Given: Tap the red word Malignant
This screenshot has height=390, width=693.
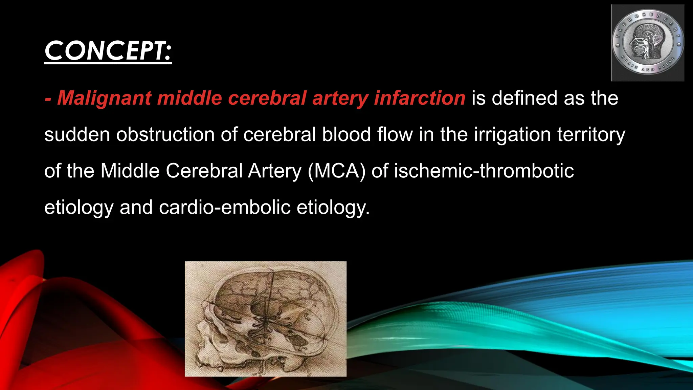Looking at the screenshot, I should (x=104, y=98).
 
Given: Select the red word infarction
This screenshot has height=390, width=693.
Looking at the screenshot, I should (x=420, y=98).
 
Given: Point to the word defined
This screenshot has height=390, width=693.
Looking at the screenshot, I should (x=524, y=98).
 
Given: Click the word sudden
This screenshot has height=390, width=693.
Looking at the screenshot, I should (x=77, y=134).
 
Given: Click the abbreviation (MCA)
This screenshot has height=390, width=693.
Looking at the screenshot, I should (x=337, y=171).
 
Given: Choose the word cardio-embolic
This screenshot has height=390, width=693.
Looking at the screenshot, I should (x=225, y=207).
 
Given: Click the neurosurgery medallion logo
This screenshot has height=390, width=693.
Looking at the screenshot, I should (x=648, y=43).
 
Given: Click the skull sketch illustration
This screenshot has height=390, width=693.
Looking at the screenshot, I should (x=265, y=319).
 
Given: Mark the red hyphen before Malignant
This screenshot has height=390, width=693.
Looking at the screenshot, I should (x=48, y=99).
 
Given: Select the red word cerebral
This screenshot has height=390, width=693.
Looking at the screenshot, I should (x=267, y=98).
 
